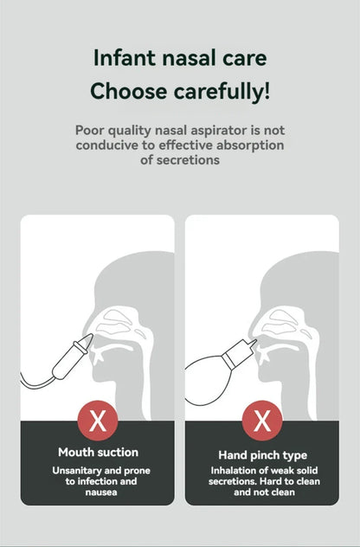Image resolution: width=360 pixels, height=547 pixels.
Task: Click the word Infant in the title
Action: [125, 58]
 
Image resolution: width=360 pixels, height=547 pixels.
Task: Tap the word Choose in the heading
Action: [128, 92]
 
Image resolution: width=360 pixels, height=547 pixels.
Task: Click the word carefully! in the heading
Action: [222, 92]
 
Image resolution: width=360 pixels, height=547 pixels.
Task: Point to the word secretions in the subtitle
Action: [188, 160]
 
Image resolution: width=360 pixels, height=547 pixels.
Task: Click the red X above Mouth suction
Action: [98, 421]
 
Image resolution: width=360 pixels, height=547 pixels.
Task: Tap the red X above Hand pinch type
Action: [262, 421]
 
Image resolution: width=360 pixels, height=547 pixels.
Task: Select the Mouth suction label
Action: [98, 452]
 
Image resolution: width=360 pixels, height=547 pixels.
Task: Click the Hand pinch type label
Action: [263, 455]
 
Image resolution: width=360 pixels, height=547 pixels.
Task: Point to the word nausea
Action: [101, 492]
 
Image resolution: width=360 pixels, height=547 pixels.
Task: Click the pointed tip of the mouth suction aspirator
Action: [92, 335]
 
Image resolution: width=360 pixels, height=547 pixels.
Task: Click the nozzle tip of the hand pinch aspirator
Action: [255, 342]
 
